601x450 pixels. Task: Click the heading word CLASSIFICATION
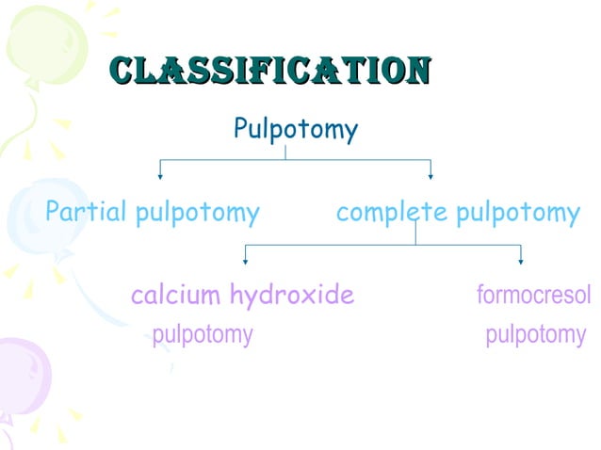[269, 70]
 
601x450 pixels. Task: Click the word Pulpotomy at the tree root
[295, 130]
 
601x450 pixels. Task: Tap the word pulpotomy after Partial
[197, 214]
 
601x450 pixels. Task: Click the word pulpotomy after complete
[517, 214]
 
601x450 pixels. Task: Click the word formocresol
[534, 296]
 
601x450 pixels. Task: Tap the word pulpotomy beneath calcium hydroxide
[203, 334]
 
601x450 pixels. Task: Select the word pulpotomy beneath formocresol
[535, 334]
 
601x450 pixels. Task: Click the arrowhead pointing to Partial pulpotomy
[160, 174]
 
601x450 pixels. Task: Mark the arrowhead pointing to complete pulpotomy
[430, 174]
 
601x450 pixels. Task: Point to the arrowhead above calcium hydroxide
[246, 260]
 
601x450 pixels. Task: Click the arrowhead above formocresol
[520, 260]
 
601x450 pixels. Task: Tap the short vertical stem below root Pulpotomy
[285, 153]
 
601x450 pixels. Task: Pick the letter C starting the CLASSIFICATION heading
[121, 70]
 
